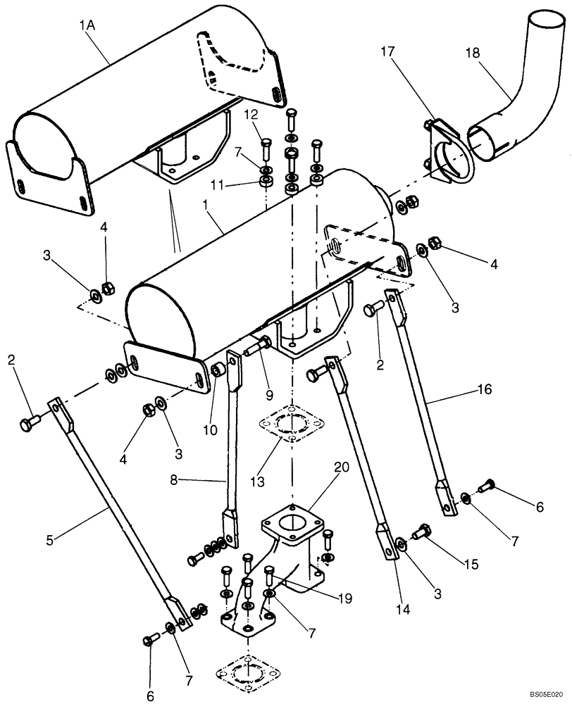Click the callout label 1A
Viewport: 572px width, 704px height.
pos(87,27)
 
